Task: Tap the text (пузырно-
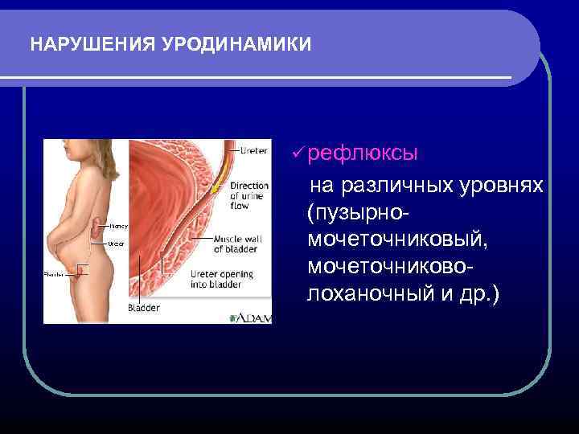pos(359,213)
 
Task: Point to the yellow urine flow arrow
pos(216,187)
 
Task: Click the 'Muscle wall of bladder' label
pos(236,244)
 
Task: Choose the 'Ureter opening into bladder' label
pos(221,280)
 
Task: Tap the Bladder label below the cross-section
pos(145,308)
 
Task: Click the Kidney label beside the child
pos(118,226)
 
